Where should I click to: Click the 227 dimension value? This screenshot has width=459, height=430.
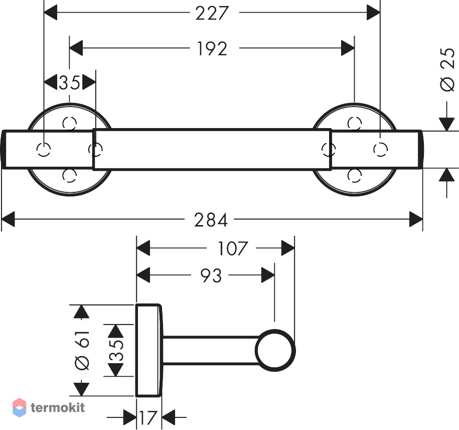tap(211, 13)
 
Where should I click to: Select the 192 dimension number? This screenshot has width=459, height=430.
tap(212, 48)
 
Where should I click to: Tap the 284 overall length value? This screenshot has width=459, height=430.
tap(211, 220)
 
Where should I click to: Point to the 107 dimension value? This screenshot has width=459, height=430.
tap(233, 248)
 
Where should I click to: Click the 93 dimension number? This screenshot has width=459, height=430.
tap(211, 275)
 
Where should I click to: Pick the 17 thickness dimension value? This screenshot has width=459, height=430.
tap(148, 417)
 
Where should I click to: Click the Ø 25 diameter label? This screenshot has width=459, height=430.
tap(448, 70)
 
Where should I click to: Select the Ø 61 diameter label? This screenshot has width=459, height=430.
tap(82, 350)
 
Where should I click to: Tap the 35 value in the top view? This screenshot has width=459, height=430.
tap(69, 82)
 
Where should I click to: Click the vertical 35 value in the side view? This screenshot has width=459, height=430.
tap(116, 350)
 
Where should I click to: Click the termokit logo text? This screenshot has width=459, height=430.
tap(58, 407)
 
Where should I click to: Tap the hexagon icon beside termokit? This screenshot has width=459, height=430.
tap(20, 407)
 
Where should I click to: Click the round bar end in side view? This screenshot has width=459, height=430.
tap(275, 350)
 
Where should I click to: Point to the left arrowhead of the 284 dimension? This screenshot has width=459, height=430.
tap(8, 219)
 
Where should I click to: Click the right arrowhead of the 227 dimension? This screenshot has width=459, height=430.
tap(374, 13)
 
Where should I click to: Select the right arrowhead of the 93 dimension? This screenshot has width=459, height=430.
tap(268, 275)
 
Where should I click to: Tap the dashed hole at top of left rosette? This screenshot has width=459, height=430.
tap(70, 123)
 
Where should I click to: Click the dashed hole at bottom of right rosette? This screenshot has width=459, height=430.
tap(355, 175)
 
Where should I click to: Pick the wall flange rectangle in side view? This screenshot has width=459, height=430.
tap(148, 350)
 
